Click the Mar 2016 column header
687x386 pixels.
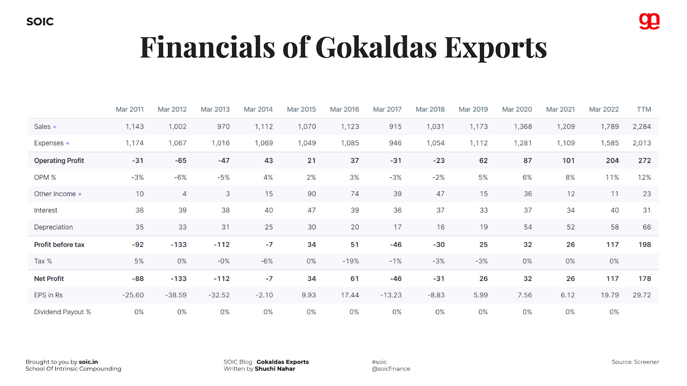coord(344,109)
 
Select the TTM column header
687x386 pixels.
coord(644,109)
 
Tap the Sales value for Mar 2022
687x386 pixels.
coord(609,127)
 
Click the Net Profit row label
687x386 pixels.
coord(49,278)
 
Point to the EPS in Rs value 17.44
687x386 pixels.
coord(350,295)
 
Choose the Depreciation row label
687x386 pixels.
coord(53,227)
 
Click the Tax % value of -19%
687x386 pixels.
coord(350,261)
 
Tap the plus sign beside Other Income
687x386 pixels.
coord(80,194)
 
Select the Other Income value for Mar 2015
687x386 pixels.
coord(311,194)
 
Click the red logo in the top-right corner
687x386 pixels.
coord(649,21)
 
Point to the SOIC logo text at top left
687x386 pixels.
coord(40,22)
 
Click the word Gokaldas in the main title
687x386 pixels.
coord(376,47)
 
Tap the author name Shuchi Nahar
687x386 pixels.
coord(275,369)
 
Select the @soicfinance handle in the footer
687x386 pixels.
coord(391,369)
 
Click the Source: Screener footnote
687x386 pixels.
coord(635,362)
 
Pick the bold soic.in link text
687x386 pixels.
coord(88,362)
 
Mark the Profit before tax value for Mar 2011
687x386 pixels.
coord(138,244)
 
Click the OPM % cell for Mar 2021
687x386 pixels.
coord(570,177)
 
